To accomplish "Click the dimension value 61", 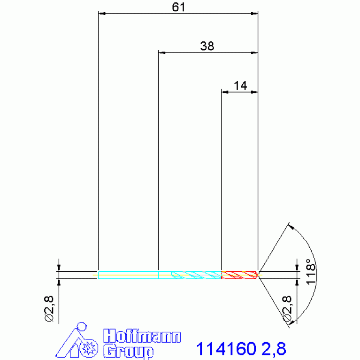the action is click(x=178, y=7).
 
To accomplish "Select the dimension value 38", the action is click(x=207, y=46).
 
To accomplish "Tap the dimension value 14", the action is click(x=240, y=85).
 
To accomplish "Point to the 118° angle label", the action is click(x=311, y=272).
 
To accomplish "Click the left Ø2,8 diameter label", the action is click(x=49, y=309).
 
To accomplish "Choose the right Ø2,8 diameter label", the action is click(x=287, y=309).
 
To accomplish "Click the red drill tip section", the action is click(x=239, y=275).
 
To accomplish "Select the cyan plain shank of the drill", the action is click(x=128, y=275).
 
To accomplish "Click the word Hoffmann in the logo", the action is click(x=142, y=337).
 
